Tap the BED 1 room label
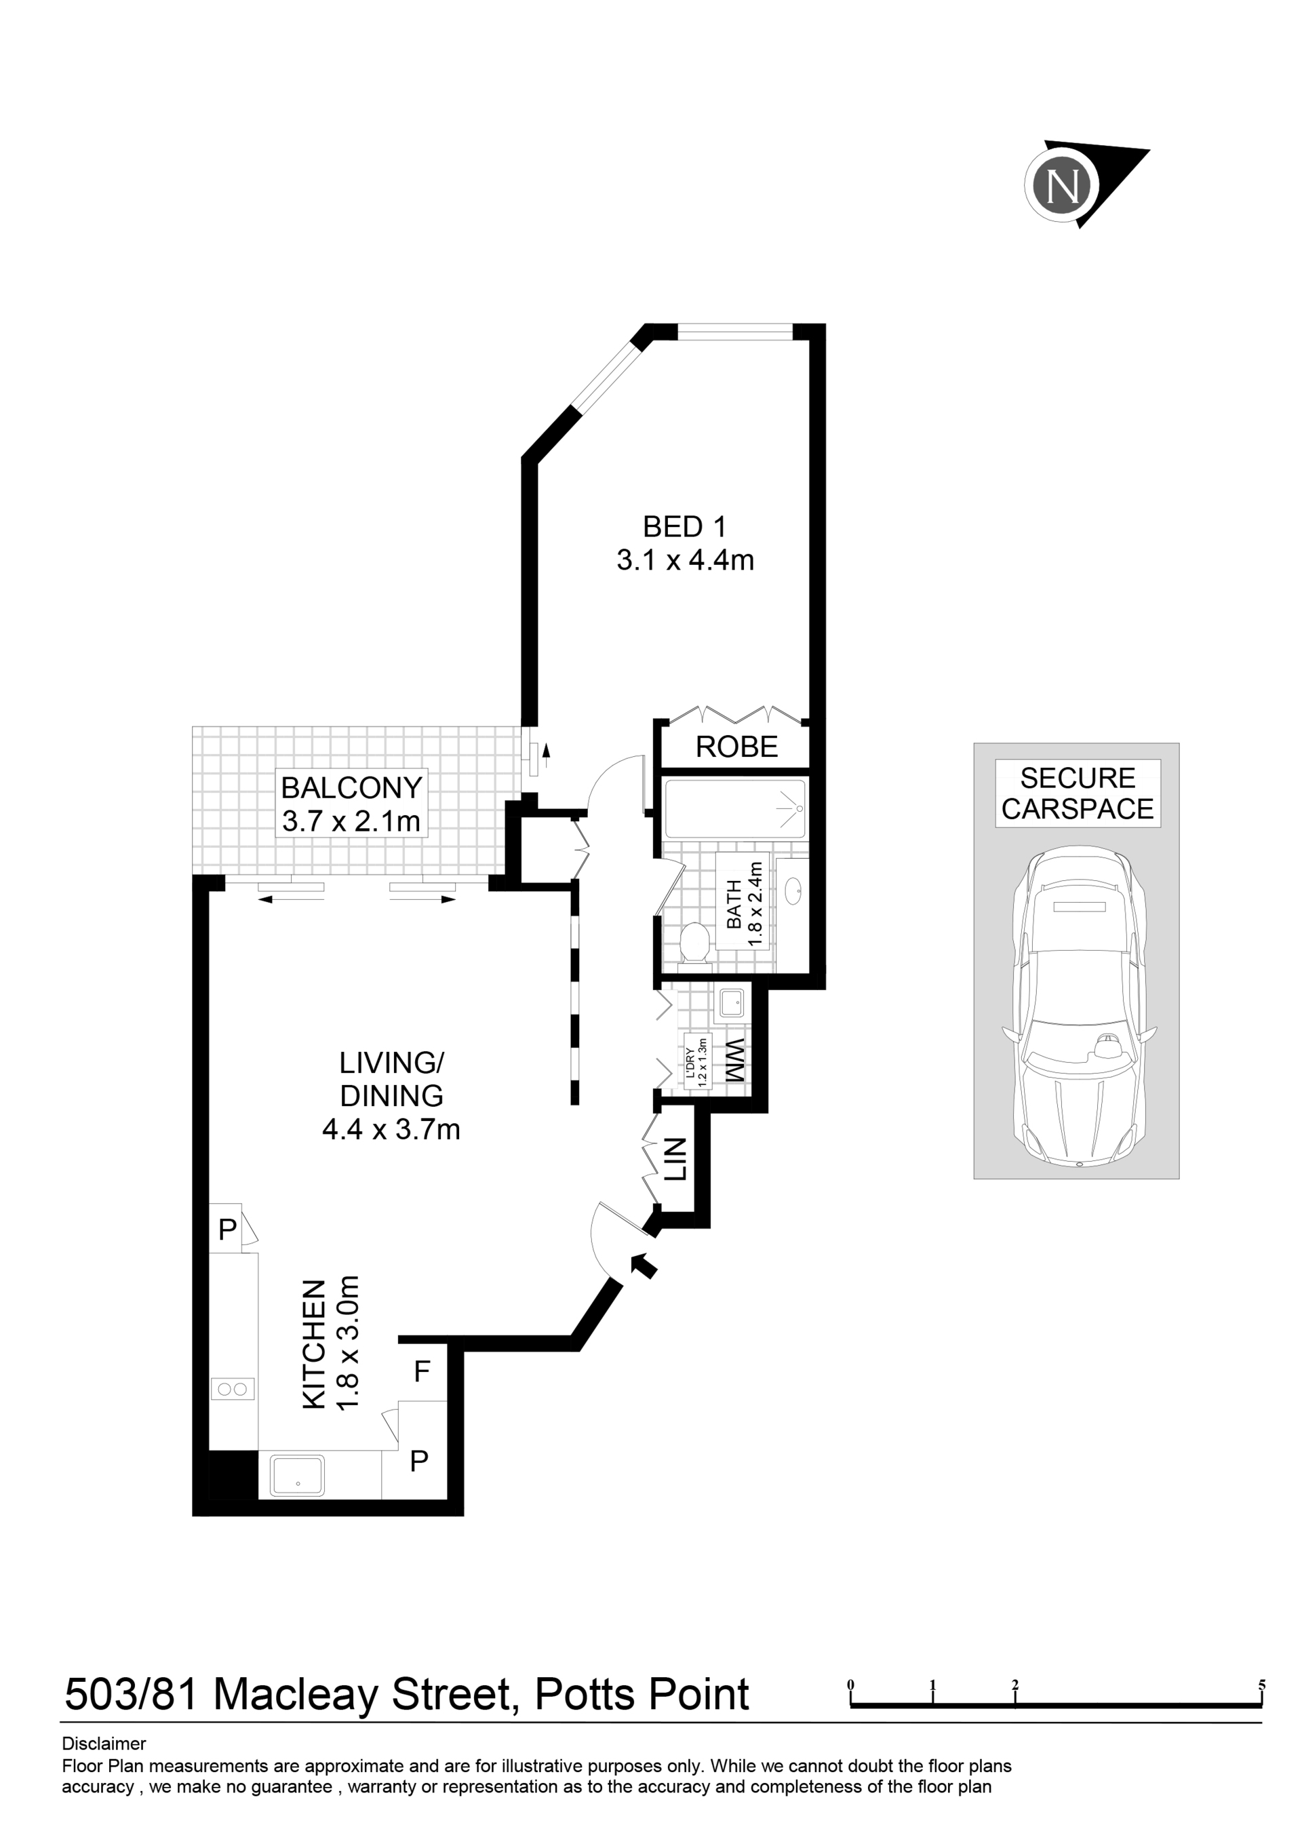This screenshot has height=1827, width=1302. [x=685, y=527]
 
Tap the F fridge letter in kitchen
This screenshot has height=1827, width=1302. [x=422, y=1372]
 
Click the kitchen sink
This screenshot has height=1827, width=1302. [x=298, y=1476]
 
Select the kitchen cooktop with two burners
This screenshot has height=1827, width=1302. [x=233, y=1388]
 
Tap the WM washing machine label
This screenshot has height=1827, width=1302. [x=736, y=1061]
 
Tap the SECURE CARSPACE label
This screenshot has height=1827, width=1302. [x=1078, y=793]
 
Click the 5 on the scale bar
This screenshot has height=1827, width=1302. [x=1261, y=1685]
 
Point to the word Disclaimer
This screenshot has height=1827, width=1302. [x=104, y=1743]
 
